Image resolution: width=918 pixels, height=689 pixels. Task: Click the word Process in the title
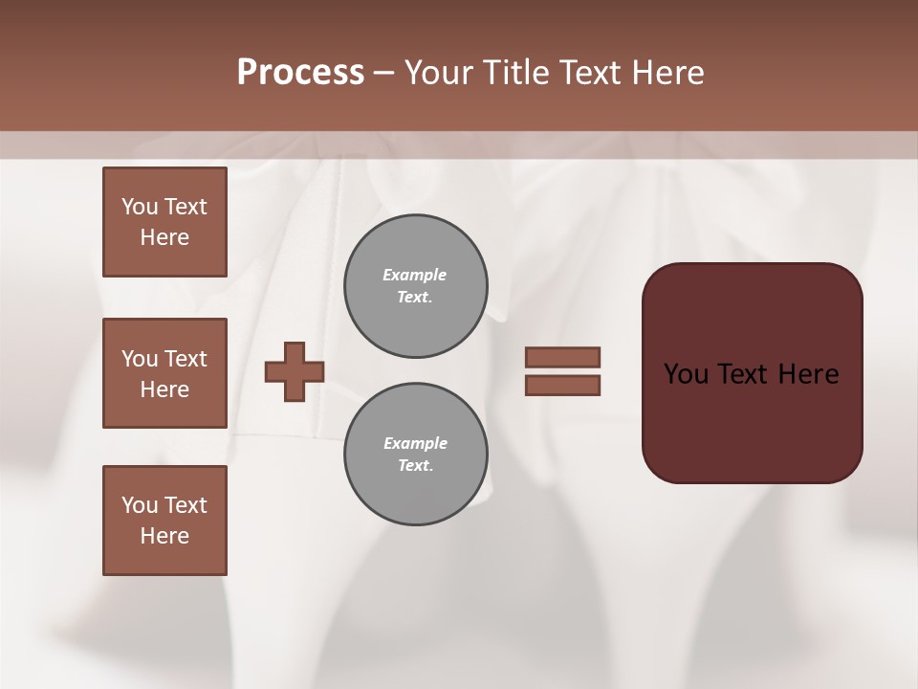300,73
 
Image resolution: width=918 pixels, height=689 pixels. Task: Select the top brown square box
164,222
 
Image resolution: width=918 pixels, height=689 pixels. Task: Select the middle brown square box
164,373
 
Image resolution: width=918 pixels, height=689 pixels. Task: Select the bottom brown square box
164,521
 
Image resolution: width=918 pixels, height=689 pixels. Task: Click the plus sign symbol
295,371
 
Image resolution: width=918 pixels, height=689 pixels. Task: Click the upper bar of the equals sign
563,358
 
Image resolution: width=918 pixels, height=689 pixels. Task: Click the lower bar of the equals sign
563,386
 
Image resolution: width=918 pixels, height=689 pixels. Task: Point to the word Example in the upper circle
414,275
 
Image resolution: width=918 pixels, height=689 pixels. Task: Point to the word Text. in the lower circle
415,465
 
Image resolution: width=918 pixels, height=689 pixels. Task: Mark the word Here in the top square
164,237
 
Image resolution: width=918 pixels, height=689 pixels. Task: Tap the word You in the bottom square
140,505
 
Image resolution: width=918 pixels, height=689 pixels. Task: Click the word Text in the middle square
186,359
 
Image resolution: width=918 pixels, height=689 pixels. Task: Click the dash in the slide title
383,73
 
